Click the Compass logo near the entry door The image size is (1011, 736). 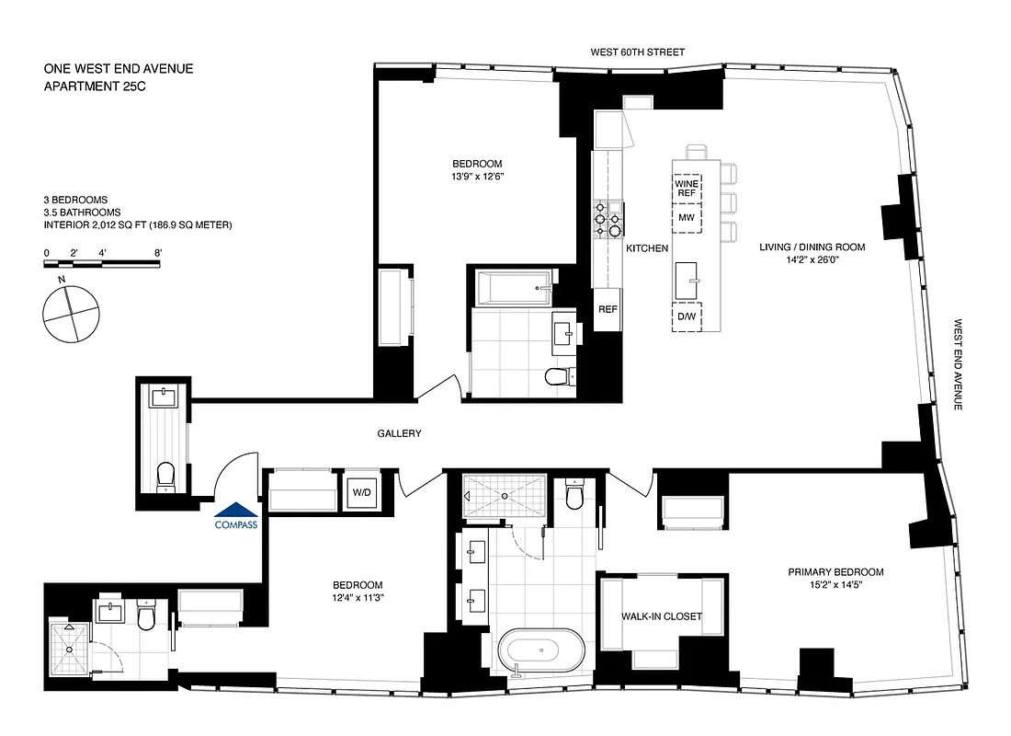[x=236, y=516]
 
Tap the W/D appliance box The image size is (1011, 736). [x=360, y=492]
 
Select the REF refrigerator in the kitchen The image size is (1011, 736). [x=608, y=309]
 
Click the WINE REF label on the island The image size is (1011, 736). [x=687, y=189]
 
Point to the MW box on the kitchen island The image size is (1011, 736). [x=687, y=218]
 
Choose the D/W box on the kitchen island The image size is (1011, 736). [x=687, y=316]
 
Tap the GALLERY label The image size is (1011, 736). [x=399, y=433]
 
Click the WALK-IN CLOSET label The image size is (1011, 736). [x=662, y=616]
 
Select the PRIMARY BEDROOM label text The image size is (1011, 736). [x=835, y=571]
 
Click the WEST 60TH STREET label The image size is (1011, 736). [x=638, y=52]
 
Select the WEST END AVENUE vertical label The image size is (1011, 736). [x=958, y=364]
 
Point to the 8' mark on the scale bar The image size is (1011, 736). [x=159, y=251]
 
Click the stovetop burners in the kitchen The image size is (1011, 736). [x=608, y=220]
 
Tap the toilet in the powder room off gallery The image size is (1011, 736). [x=165, y=475]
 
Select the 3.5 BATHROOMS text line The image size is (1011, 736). [x=82, y=213]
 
